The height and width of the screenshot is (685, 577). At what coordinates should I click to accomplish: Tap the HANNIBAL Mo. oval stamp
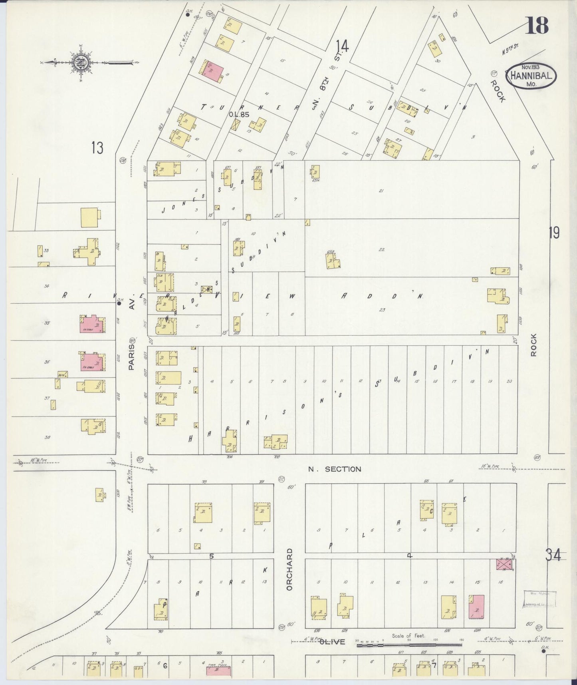click(x=531, y=76)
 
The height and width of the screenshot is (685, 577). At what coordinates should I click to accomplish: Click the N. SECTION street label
click(x=335, y=469)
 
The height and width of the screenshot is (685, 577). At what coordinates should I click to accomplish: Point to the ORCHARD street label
click(x=289, y=569)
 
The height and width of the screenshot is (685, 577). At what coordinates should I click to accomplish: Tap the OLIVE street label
click(x=332, y=642)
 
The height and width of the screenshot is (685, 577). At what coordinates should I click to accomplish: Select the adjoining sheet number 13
click(x=97, y=148)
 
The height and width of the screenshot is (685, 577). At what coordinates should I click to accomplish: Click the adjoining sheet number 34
click(x=553, y=555)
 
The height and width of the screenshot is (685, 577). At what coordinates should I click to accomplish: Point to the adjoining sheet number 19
click(x=554, y=233)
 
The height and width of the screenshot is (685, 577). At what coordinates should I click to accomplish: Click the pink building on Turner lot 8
click(x=212, y=72)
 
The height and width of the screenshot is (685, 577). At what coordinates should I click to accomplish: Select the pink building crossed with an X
click(x=504, y=564)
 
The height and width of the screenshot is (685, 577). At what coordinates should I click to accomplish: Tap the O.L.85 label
click(x=239, y=114)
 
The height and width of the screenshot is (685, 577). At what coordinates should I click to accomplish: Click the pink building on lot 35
click(x=92, y=323)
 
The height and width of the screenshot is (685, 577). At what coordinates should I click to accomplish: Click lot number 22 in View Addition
click(x=381, y=249)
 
